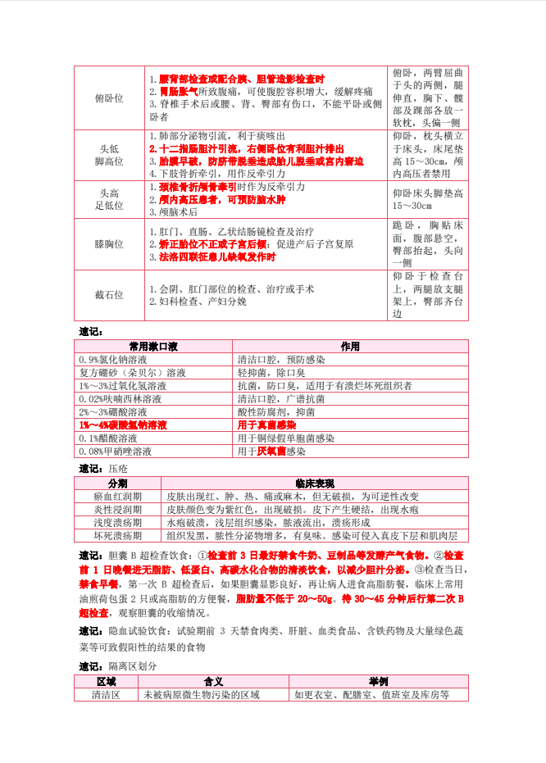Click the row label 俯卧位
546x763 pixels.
(109, 98)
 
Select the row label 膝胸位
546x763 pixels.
(109, 244)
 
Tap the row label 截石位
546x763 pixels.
(109, 295)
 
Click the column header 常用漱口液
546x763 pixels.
(154, 347)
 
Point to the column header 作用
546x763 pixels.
(350, 347)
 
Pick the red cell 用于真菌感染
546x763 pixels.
(266, 425)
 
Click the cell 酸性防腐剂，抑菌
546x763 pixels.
(275, 412)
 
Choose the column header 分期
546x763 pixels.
(117, 484)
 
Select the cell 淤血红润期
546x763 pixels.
(117, 497)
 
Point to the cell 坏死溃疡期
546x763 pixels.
(117, 536)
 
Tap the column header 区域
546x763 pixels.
(107, 682)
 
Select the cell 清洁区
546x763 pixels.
(107, 695)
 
